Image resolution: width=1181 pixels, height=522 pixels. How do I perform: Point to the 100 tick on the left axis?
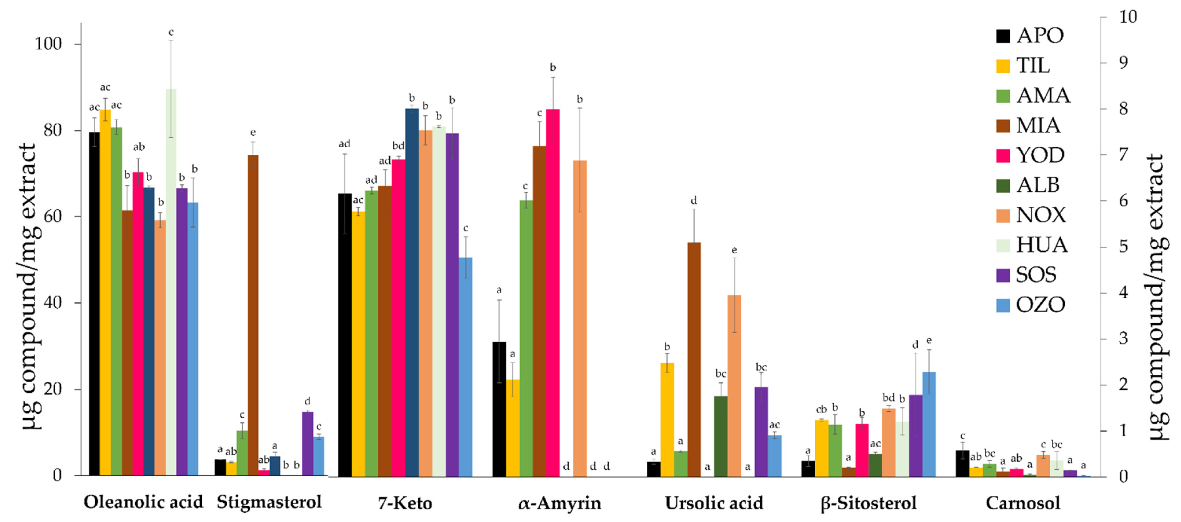coord(48,44)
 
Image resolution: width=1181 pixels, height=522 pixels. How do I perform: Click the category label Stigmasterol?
coord(269,502)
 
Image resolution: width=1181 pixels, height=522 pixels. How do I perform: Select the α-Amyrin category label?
coord(559,503)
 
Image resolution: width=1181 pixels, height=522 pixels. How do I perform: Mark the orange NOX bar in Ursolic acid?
coord(734,385)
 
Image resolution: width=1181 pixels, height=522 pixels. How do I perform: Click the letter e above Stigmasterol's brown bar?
coord(253,133)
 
